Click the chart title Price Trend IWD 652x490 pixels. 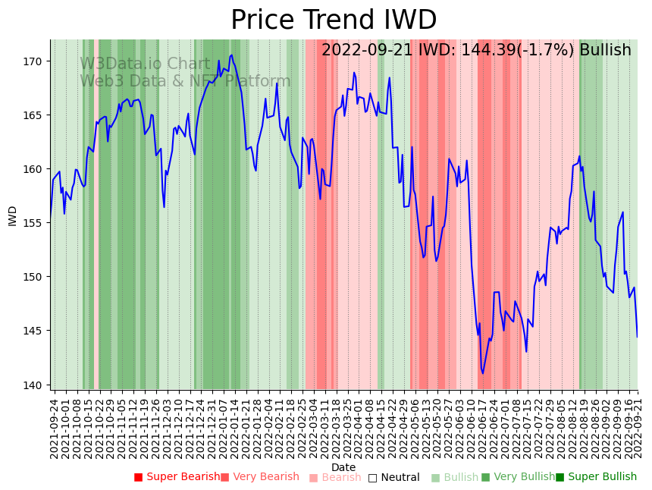(334, 20)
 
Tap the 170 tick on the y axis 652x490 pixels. (35, 61)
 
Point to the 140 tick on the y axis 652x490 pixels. (35, 385)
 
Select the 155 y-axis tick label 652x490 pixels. (35, 223)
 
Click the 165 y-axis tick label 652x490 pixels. (35, 115)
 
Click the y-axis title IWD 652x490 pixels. (12, 215)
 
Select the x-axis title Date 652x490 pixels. (343, 467)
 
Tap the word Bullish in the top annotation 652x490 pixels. (605, 50)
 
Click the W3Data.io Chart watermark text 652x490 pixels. (145, 64)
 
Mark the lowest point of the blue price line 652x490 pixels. (482, 373)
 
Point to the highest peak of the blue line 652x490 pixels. (231, 55)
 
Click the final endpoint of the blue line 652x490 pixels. (638, 337)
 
